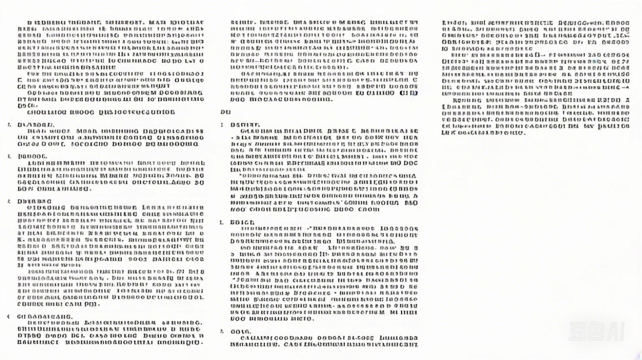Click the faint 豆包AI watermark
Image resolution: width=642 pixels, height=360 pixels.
596,331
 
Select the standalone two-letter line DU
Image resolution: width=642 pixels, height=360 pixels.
226,112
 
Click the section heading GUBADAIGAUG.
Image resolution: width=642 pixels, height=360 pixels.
45,316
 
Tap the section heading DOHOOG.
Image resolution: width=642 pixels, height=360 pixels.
32,156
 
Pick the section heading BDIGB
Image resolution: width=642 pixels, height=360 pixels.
242,222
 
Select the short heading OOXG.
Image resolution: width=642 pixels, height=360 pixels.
240,331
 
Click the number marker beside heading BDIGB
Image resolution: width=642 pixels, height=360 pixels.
221,222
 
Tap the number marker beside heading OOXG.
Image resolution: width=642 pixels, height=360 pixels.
222,331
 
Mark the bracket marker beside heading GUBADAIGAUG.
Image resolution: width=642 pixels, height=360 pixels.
9,316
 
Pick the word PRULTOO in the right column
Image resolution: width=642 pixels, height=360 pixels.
614,126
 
